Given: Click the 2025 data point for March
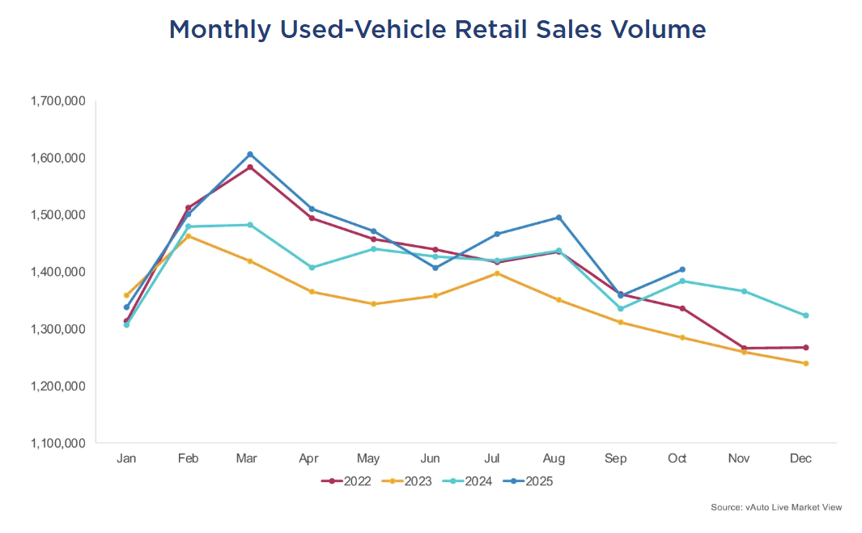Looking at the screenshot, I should [x=250, y=154].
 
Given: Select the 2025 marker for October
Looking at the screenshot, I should [x=682, y=269].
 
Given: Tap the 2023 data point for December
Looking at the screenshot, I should [x=806, y=363].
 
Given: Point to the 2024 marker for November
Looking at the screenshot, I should [x=744, y=291].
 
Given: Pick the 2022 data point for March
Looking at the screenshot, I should [x=250, y=167].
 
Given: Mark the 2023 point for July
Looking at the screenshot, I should [x=497, y=273].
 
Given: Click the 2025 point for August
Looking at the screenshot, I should [x=559, y=218].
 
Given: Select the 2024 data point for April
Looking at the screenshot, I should [x=312, y=267].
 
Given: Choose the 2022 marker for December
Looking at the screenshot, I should [x=806, y=348].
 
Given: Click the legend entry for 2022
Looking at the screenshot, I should [x=348, y=481].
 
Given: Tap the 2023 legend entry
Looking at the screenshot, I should [x=410, y=481].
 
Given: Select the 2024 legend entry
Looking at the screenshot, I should [x=471, y=481].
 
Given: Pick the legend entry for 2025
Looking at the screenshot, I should [x=533, y=481].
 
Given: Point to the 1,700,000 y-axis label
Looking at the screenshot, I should [x=57, y=101].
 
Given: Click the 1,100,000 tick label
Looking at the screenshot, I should [x=57, y=443].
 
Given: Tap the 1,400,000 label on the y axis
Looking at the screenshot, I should [x=57, y=272].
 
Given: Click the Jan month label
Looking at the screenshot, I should [x=126, y=459].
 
